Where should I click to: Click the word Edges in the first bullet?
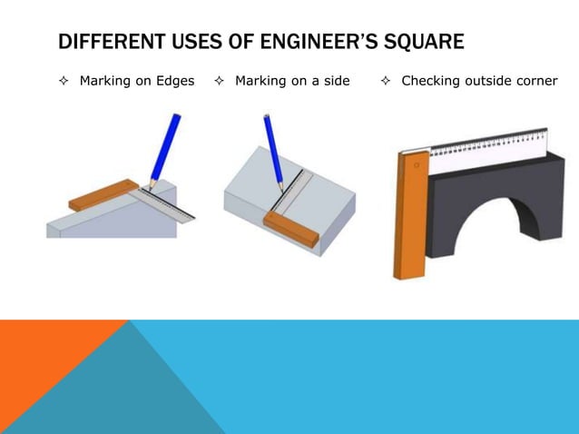[173, 82]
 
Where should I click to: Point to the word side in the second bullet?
[335, 82]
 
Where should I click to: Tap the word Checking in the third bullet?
[430, 82]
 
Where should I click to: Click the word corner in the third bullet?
[536, 82]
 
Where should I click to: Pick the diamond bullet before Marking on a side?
[219, 82]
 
